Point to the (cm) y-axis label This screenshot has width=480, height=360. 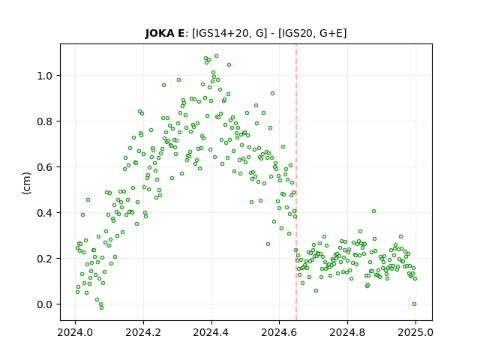[x=27, y=183]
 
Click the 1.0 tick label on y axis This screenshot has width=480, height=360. [x=45, y=76]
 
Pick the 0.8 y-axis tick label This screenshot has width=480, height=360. [x=45, y=121]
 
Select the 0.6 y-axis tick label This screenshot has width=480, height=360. [x=45, y=167]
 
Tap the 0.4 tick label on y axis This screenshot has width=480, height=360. [x=45, y=213]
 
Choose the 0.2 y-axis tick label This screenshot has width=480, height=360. [x=45, y=259]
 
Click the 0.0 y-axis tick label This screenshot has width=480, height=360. [x=45, y=304]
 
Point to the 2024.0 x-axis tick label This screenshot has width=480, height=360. [x=75, y=332]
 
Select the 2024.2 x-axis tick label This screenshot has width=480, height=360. [x=143, y=332]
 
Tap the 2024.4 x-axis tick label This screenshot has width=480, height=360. [x=211, y=332]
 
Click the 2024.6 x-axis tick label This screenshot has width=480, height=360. [x=279, y=332]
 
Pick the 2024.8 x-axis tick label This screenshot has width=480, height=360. [x=347, y=332]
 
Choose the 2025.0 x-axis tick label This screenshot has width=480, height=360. [x=415, y=332]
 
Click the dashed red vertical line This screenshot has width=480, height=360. [x=296, y=182]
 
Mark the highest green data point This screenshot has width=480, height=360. [x=216, y=56]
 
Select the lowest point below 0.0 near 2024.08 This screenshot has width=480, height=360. [x=102, y=307]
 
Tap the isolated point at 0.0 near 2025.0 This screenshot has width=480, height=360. [x=414, y=304]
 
